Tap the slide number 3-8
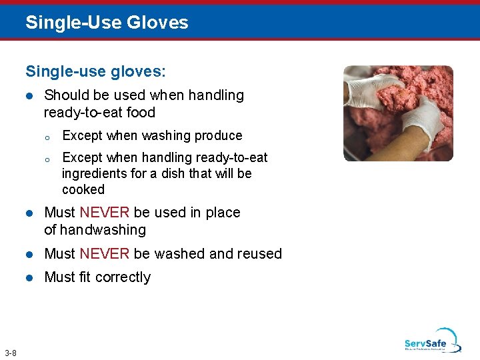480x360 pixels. (11, 353)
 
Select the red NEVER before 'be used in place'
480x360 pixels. (105, 213)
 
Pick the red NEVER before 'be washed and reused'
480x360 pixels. (105, 254)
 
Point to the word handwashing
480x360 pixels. (103, 230)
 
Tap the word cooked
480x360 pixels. (83, 190)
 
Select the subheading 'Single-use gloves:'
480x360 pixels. (96, 70)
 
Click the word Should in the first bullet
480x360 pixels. (65, 95)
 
